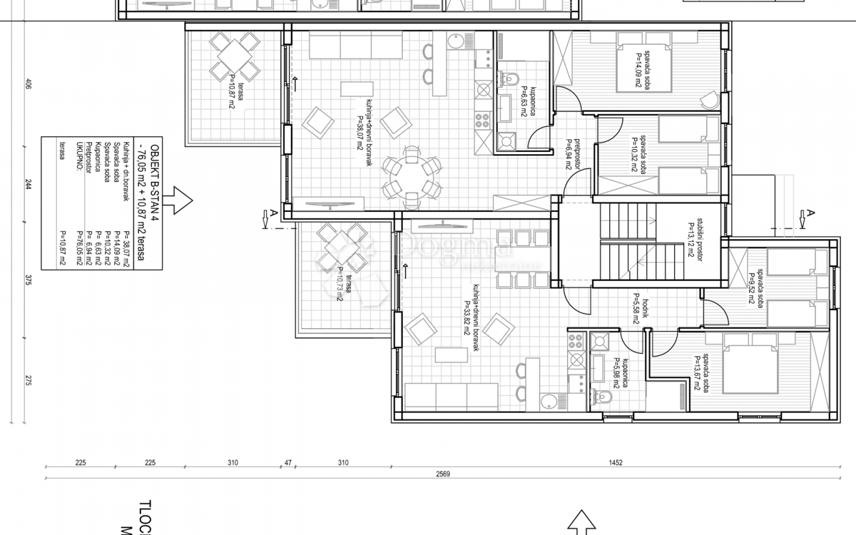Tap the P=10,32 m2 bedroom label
point(639,152)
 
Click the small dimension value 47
point(288,463)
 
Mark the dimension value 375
point(29,280)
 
